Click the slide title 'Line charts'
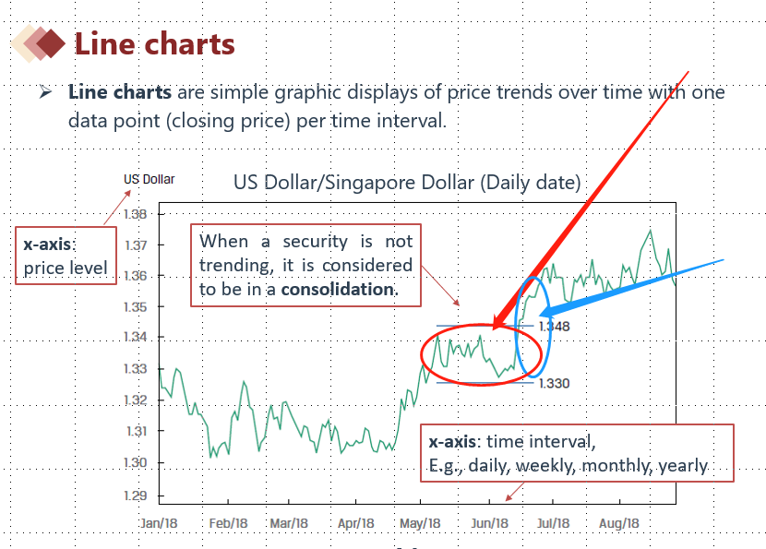point(154,43)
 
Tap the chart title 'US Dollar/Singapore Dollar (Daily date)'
point(407,183)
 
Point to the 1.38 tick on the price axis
point(135,214)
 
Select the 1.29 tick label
point(135,496)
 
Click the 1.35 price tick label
point(135,306)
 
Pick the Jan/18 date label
point(160,523)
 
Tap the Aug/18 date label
point(619,523)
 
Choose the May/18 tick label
point(421,523)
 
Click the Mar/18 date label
point(289,523)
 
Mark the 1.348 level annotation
point(555,327)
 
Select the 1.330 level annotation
point(554,383)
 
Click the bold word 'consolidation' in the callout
point(338,289)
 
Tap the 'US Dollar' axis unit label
point(149,179)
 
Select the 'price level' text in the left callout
point(66,269)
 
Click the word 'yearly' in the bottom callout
point(682,466)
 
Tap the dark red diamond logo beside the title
point(54,42)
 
